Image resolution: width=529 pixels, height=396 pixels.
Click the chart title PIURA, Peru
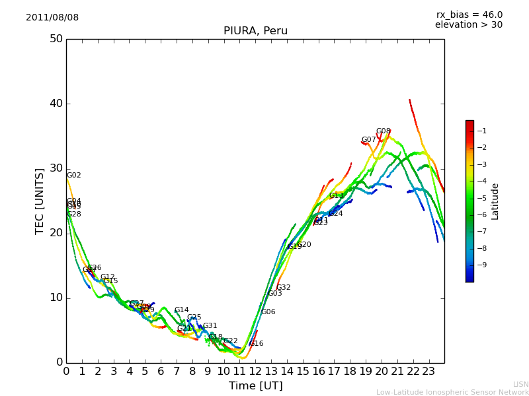pyautogui.click(x=255, y=31)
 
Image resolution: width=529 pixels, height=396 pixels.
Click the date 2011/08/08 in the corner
pyautogui.click(x=52, y=18)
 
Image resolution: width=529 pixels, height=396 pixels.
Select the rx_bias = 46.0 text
pyautogui.click(x=469, y=15)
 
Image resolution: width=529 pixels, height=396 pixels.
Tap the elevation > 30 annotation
pyautogui.click(x=468, y=25)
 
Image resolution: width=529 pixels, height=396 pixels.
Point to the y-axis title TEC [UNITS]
pyautogui.click(x=40, y=201)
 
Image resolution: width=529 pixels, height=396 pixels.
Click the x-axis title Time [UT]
pyautogui.click(x=255, y=386)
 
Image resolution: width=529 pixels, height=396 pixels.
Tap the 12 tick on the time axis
pyautogui.click(x=255, y=372)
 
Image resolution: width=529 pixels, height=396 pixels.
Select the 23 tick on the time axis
pyautogui.click(x=428, y=372)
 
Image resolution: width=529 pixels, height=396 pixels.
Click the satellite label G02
pyautogui.click(x=74, y=176)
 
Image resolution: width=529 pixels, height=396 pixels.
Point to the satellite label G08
pyautogui.click(x=384, y=131)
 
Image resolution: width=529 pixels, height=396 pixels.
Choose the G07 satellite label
pyautogui.click(x=368, y=140)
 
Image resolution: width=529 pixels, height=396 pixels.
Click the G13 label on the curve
pyautogui.click(x=337, y=196)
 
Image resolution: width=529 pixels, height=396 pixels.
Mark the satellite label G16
pyautogui.click(x=257, y=344)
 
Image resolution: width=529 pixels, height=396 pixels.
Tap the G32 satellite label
pyautogui.click(x=284, y=288)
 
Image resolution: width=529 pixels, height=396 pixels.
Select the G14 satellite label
pyautogui.click(x=182, y=310)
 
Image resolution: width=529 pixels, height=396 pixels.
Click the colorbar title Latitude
pyautogui.click(x=495, y=201)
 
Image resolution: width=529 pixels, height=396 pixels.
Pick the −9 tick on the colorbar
pyautogui.click(x=481, y=265)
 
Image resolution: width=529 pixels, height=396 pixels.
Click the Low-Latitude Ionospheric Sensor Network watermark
pyautogui.click(x=452, y=392)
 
